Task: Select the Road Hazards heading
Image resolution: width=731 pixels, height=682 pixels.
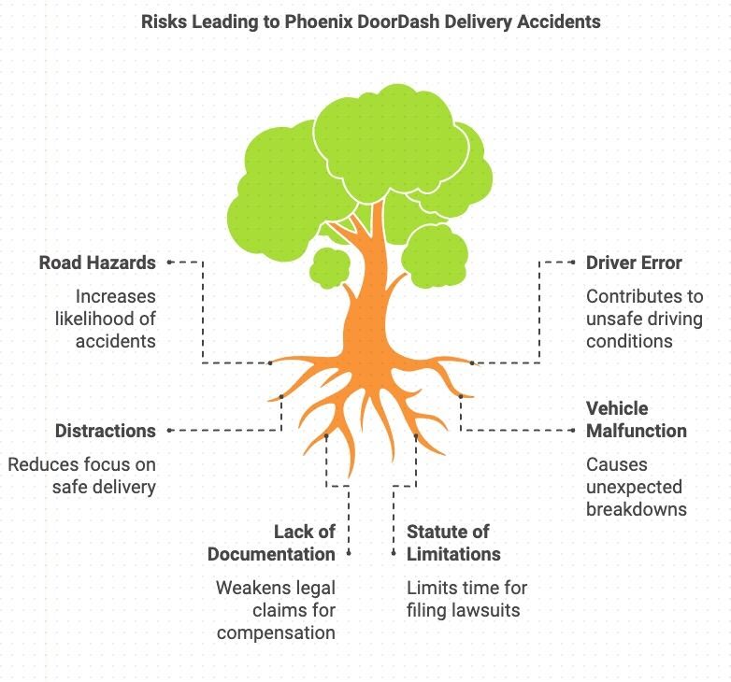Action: (97, 263)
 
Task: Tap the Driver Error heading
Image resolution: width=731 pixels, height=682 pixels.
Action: (634, 263)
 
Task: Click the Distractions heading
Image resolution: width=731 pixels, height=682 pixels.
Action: (105, 431)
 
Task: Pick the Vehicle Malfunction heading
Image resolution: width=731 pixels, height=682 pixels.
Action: (636, 419)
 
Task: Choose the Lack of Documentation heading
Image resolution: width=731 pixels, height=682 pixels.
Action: (271, 543)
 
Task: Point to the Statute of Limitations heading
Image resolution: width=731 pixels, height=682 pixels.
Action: (453, 543)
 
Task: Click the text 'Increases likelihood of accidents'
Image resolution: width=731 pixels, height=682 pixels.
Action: (103, 319)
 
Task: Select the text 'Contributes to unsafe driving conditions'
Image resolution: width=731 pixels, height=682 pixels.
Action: (644, 319)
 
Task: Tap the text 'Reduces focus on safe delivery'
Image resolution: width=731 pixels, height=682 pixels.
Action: (82, 476)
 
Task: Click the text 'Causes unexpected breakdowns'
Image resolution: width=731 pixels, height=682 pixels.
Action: (636, 487)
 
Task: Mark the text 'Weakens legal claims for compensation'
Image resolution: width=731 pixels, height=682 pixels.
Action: (275, 610)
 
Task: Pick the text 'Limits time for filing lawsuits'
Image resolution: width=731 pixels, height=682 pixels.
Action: (466, 599)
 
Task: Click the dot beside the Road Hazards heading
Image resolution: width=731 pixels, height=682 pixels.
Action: (169, 263)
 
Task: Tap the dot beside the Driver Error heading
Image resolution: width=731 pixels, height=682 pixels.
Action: (572, 263)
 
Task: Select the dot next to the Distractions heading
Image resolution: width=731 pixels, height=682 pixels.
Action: (169, 431)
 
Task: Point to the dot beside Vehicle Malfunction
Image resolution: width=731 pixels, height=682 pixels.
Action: (572, 431)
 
